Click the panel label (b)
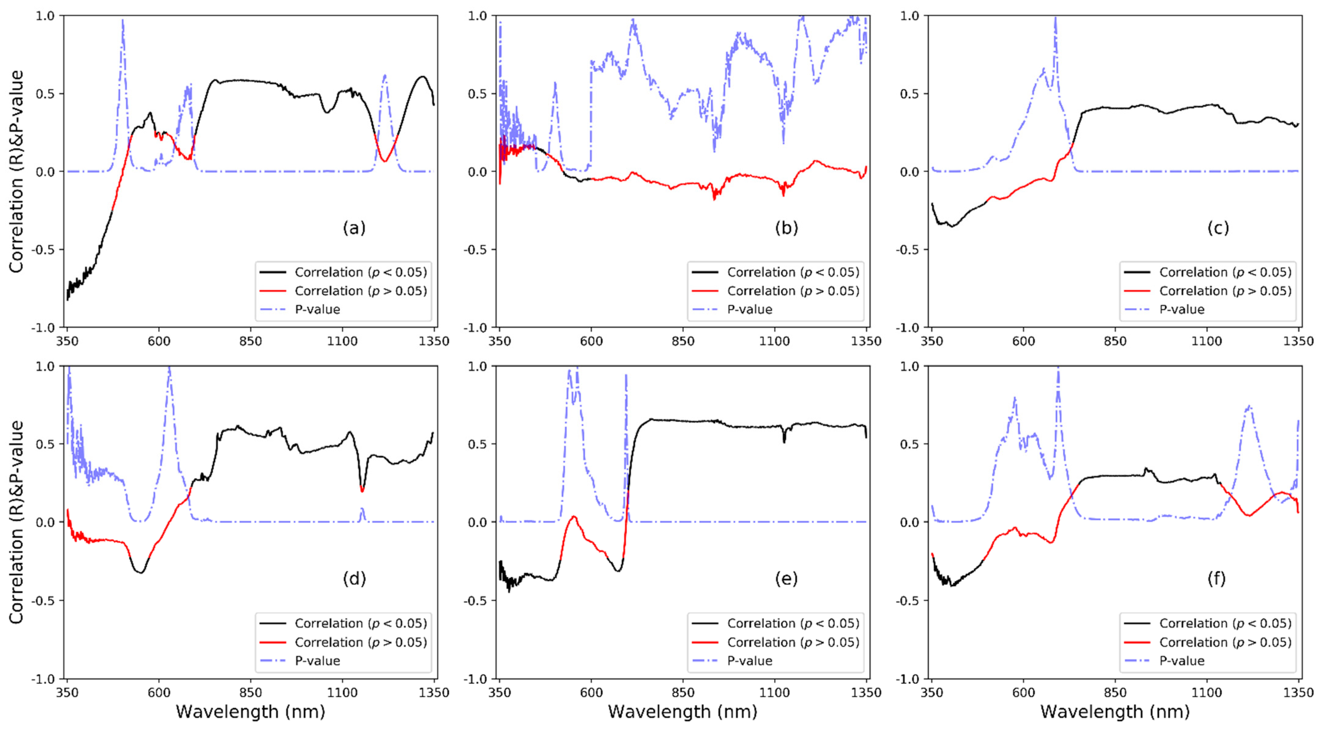[x=786, y=228]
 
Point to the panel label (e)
[x=786, y=579]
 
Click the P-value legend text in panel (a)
[x=317, y=309]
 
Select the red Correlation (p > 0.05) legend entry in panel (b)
[x=793, y=291]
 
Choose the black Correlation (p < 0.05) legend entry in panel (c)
[x=1225, y=272]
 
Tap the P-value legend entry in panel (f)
[x=1182, y=661]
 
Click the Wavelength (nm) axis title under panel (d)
[x=250, y=712]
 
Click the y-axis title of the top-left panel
[x=17, y=172]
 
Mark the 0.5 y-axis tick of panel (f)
[x=910, y=444]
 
